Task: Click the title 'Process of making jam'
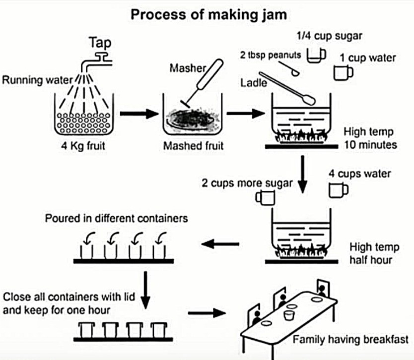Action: click(x=208, y=14)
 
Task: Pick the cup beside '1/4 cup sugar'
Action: click(x=315, y=56)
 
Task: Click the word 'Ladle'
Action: click(x=254, y=83)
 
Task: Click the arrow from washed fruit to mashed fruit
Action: click(x=135, y=114)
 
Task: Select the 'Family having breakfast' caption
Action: click(x=350, y=340)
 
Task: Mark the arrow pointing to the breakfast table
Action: click(x=207, y=313)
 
